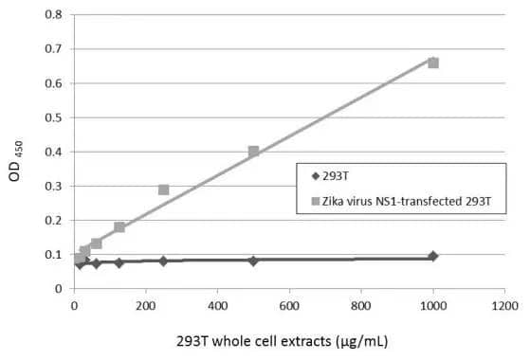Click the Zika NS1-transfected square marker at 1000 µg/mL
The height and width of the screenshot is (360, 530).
coord(433,63)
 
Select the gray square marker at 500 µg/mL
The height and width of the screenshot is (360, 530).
coord(253,152)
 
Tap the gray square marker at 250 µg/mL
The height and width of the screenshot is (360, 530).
coord(163,189)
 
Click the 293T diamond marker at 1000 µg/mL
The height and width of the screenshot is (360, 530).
coord(433,257)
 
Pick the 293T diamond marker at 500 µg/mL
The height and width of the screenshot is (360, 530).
coord(253,261)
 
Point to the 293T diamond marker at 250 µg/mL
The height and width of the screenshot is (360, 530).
coord(163,261)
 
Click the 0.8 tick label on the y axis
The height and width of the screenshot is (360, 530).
coord(54,15)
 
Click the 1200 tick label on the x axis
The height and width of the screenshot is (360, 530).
coord(504,306)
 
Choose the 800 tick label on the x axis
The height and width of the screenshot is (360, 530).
coord(361,306)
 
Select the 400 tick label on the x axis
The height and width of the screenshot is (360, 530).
coord(217,306)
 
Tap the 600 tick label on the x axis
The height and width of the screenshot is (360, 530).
coord(289,306)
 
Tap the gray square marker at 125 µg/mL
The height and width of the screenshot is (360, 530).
coord(119,227)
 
